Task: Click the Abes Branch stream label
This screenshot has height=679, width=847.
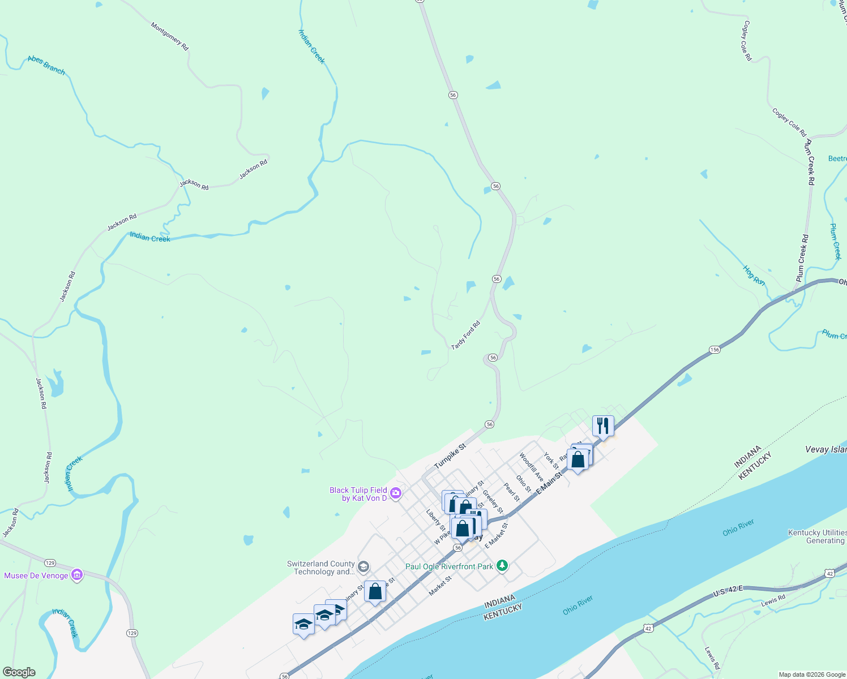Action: click(46, 66)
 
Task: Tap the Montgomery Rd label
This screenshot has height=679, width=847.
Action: click(169, 37)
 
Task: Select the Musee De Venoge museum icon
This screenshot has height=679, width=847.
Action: click(77, 575)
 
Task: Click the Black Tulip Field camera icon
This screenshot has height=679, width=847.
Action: click(396, 493)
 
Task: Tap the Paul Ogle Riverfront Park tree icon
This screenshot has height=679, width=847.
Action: click(502, 566)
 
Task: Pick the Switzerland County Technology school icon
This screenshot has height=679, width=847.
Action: click(363, 566)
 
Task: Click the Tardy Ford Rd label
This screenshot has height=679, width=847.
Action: click(465, 335)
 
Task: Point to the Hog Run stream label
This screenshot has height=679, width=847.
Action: click(754, 275)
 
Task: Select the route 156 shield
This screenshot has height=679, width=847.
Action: click(715, 350)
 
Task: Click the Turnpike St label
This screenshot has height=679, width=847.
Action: click(450, 456)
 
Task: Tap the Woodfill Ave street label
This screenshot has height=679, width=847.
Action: click(532, 467)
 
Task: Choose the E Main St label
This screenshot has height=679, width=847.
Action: click(550, 483)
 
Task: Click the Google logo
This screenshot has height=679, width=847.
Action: click(19, 672)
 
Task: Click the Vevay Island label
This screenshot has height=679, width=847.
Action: click(825, 449)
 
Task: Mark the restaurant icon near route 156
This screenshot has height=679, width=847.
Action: click(603, 425)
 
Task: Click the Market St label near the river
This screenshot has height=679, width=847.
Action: click(440, 586)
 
